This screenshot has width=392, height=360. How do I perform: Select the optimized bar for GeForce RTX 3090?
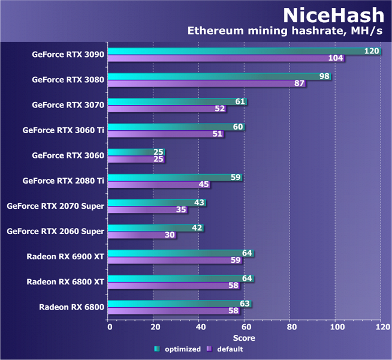(240, 51)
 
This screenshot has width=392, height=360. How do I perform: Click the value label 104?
(336, 58)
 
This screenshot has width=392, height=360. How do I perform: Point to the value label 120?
(372, 51)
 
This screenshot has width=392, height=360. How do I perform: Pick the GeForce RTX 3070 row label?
(68, 105)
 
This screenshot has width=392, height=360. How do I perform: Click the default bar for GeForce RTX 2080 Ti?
(159, 184)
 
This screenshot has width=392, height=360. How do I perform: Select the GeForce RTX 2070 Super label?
(56, 206)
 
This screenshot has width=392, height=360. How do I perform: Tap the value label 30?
(170, 235)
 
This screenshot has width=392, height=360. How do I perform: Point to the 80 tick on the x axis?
(290, 327)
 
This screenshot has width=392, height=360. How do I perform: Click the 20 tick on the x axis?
(154, 327)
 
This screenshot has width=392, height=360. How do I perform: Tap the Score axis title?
(244, 337)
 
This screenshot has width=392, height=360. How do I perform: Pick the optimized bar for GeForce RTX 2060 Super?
(156, 228)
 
